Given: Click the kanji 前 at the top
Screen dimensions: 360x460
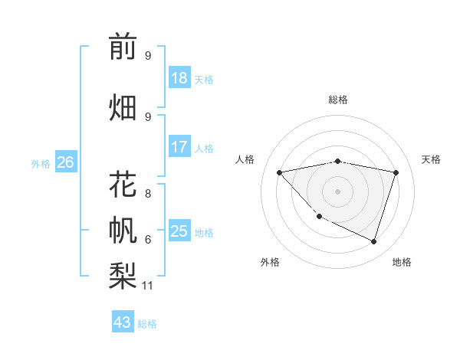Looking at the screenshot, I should click(123, 47).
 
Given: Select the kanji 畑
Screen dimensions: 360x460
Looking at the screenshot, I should click(123, 107).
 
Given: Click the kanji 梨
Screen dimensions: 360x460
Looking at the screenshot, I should click(123, 274).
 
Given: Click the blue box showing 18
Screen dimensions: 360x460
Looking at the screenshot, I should click(179, 78).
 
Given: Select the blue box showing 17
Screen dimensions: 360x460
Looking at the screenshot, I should click(179, 147).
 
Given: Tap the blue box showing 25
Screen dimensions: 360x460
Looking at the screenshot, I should click(179, 231).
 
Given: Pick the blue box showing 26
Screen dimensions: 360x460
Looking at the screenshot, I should click(65, 162).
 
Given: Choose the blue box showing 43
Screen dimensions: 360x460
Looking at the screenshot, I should click(123, 322).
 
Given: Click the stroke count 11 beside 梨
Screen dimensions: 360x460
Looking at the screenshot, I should click(148, 286).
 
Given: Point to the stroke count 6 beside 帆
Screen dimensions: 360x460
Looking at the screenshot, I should click(147, 240).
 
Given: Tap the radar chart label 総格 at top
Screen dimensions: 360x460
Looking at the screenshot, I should click(337, 100).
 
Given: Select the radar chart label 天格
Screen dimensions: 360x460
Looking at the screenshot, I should click(431, 159).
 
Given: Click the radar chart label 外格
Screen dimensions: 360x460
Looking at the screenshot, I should click(270, 262).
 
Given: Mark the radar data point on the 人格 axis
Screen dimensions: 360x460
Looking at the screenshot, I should click(279, 172).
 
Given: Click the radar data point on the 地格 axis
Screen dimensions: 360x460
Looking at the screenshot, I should click(373, 241).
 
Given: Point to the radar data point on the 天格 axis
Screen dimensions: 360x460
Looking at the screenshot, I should click(396, 172).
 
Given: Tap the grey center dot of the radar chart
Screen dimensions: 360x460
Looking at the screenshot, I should click(337, 191).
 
